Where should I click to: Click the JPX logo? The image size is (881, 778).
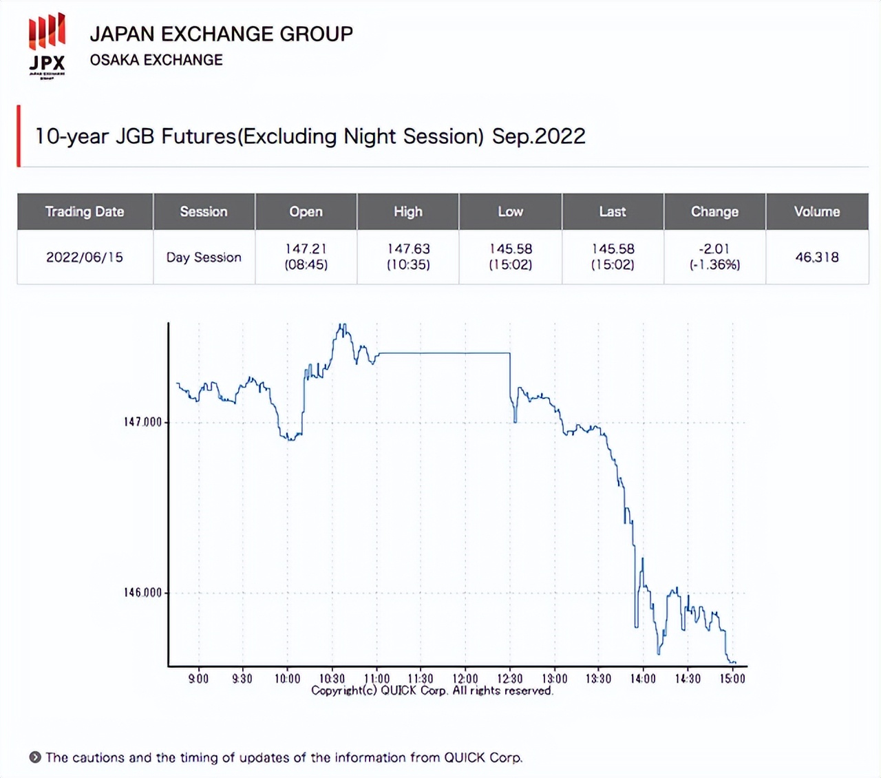click(47, 45)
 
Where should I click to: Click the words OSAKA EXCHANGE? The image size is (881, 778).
click(156, 60)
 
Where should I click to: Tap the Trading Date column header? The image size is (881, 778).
click(85, 211)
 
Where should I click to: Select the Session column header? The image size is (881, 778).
click(204, 211)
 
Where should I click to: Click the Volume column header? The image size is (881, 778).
click(817, 211)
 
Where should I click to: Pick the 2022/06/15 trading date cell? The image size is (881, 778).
click(85, 257)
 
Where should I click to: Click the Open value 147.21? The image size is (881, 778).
click(306, 249)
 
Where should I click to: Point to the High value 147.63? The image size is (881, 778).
click(408, 249)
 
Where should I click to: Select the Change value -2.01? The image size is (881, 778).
click(714, 249)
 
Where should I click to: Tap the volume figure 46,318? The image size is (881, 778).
click(817, 257)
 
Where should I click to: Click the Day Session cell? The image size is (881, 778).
click(204, 257)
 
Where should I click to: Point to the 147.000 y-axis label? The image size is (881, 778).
click(142, 422)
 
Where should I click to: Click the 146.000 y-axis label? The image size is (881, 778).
click(142, 593)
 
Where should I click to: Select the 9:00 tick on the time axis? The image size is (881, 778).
click(198, 679)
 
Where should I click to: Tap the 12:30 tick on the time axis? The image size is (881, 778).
click(510, 679)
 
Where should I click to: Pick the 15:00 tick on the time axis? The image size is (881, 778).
click(732, 679)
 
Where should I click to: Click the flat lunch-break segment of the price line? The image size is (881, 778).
click(444, 353)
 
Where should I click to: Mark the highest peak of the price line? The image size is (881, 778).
click(342, 325)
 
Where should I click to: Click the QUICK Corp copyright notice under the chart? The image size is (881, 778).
click(432, 691)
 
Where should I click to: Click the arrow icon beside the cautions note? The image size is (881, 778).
click(35, 757)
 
